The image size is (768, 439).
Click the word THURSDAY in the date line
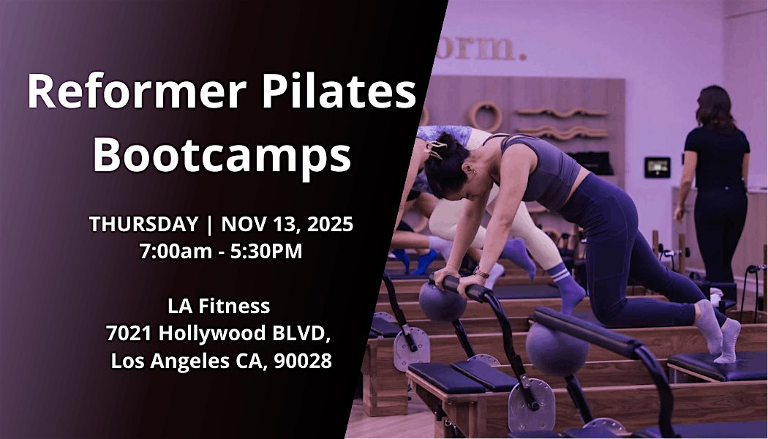143,224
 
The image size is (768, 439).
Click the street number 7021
129,334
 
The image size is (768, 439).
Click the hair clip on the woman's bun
437,149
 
